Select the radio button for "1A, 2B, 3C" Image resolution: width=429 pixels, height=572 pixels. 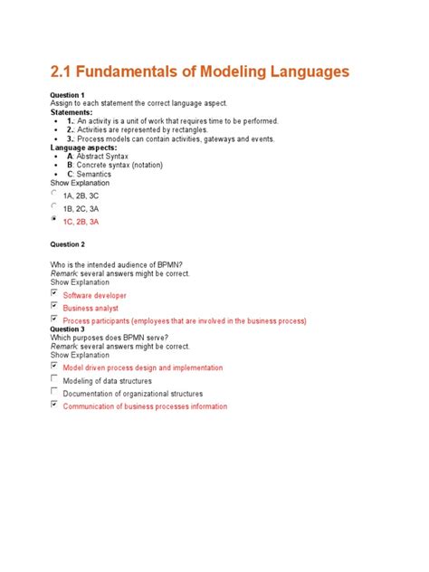55,193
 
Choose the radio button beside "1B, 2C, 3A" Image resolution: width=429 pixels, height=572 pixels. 55,205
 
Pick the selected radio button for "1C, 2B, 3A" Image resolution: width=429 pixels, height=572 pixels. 55,219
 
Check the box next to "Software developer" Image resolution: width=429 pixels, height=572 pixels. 55,293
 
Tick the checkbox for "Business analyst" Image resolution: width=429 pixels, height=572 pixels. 55,306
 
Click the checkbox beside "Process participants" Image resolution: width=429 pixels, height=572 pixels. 55,319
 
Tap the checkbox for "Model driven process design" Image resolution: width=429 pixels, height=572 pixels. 55,366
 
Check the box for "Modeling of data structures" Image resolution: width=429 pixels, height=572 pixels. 55,379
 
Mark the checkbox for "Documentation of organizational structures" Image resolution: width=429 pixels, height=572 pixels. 55,392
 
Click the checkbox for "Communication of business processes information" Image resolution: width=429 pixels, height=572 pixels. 55,405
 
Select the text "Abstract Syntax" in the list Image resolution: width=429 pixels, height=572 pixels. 106,157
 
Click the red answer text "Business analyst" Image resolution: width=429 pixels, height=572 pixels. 91,308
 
